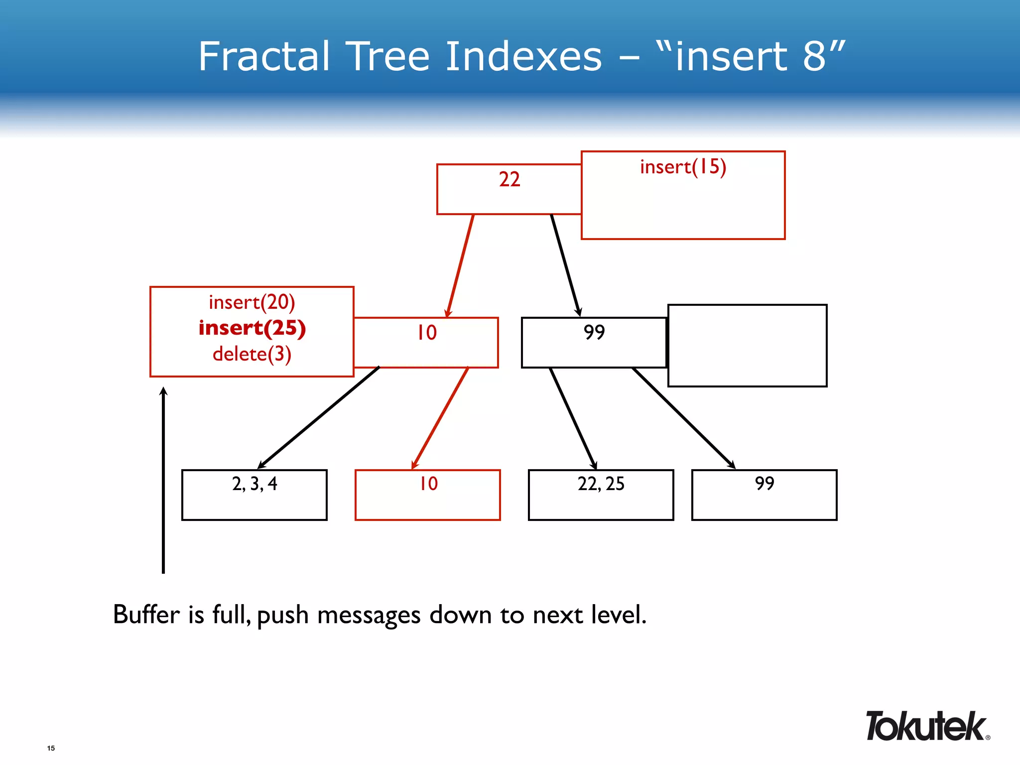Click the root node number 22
(x=510, y=179)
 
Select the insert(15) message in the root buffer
(x=683, y=167)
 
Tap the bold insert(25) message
(x=252, y=328)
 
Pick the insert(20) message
(x=252, y=302)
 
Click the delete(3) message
(x=252, y=354)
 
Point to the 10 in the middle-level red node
(x=427, y=333)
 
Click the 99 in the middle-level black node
(x=594, y=332)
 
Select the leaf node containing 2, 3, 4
(x=255, y=494)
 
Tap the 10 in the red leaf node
(x=428, y=484)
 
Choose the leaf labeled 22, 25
(x=601, y=494)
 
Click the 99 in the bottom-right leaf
(x=765, y=484)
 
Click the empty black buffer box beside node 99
(x=747, y=346)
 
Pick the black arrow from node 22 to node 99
(x=565, y=265)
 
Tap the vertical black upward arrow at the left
(x=163, y=481)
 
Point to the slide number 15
(x=51, y=748)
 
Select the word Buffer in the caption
(x=146, y=614)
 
